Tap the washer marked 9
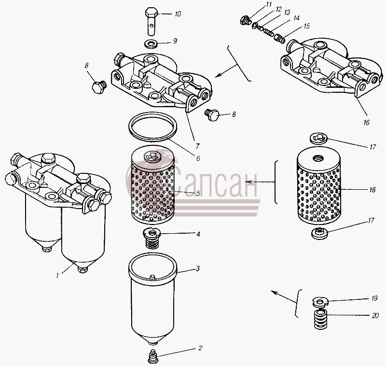(151, 44)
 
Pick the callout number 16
(367, 123)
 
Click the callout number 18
(372, 190)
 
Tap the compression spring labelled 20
(320, 320)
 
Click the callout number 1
(57, 276)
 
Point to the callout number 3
(197, 268)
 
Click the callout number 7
(197, 146)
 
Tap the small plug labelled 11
(245, 21)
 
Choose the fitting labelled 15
(279, 38)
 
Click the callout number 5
(198, 193)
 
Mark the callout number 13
(287, 13)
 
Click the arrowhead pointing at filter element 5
(248, 182)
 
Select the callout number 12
(278, 9)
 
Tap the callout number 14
(296, 18)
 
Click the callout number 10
(178, 14)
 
